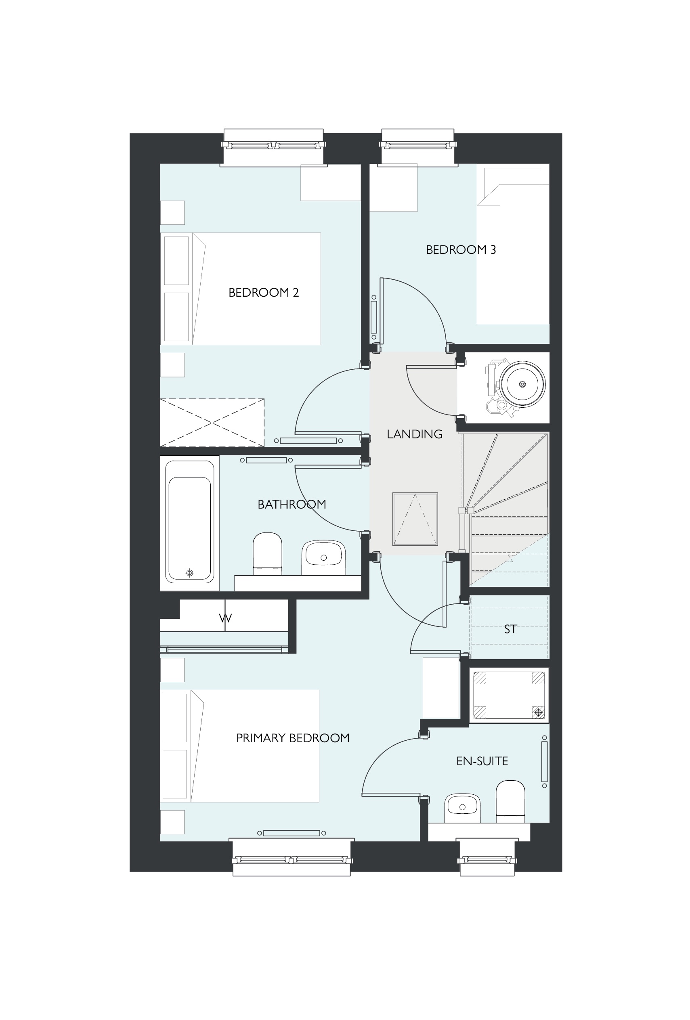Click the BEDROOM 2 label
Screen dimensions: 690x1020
(x=263, y=292)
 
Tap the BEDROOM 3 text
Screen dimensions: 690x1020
(x=461, y=250)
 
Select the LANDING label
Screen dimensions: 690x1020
(x=414, y=434)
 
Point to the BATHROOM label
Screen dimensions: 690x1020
(x=292, y=504)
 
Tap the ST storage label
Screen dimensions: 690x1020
(x=510, y=629)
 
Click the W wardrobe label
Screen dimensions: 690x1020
(x=225, y=618)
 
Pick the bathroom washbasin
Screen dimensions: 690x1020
(x=323, y=557)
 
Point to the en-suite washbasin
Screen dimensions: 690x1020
(x=462, y=808)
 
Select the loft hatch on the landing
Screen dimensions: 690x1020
(x=415, y=519)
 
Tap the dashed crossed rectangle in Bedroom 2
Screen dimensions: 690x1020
(x=212, y=423)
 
